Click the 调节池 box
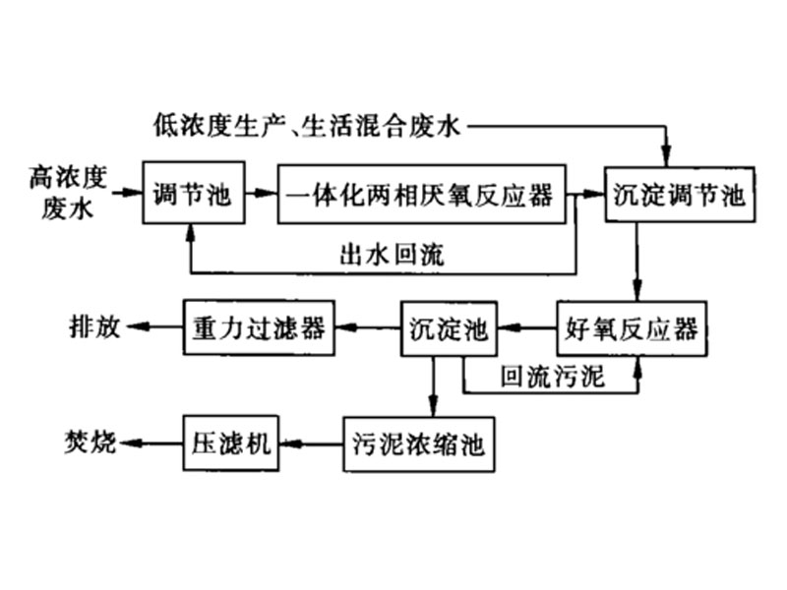tap(192, 194)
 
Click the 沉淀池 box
tap(448, 327)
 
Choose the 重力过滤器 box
tap(258, 327)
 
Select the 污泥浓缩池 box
tap(417, 445)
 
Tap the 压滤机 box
tap(229, 445)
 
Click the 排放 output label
tap(94, 327)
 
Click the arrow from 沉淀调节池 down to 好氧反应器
tap(637, 261)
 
